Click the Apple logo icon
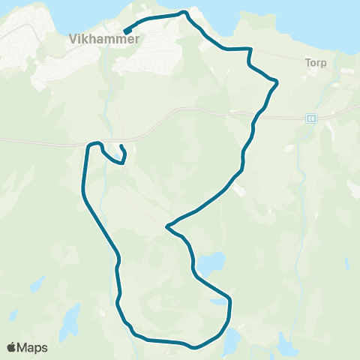(12, 347)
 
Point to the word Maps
(33, 347)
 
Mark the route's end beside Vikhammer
(124, 31)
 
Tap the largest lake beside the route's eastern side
(211, 263)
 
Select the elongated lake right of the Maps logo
(69, 321)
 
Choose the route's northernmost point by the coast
(183, 13)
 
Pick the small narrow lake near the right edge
(346, 262)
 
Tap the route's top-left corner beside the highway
(91, 144)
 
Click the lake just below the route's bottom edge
(232, 341)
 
